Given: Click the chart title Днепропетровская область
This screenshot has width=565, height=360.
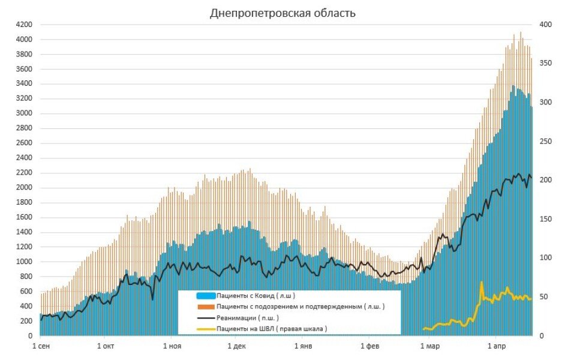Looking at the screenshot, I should click(x=282, y=13).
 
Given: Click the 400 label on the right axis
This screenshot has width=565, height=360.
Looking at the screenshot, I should click(x=545, y=25).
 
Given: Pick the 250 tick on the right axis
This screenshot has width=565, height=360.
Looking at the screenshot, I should click(x=545, y=141).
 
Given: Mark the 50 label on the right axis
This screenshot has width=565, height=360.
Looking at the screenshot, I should click(x=543, y=296).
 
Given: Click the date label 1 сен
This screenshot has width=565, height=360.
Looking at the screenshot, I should click(x=41, y=346).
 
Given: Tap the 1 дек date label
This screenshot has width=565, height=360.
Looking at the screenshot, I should click(x=236, y=346).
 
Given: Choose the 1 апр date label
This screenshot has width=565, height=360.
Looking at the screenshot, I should click(x=497, y=346).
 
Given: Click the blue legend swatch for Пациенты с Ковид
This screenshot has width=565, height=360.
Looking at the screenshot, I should click(x=205, y=296).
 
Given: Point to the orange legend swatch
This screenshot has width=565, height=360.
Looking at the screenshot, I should click(x=205, y=307).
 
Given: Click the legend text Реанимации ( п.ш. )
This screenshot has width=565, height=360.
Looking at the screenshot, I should click(x=247, y=317).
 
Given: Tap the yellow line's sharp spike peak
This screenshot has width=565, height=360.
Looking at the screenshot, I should click(x=481, y=282).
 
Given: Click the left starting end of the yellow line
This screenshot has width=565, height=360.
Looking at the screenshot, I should click(x=424, y=329).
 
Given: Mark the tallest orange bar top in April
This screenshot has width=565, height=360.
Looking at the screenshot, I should click(x=520, y=32).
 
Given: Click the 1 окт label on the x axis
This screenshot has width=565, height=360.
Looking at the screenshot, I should click(x=106, y=346).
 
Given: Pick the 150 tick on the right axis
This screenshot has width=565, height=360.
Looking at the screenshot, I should click(x=545, y=219).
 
